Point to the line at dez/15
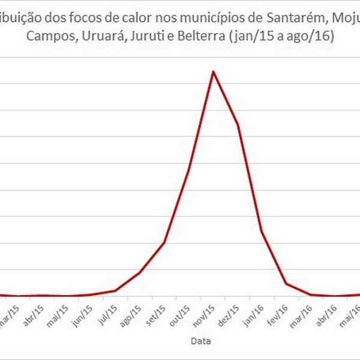click(x=238, y=124)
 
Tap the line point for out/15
click(x=188, y=170)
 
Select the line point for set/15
click(x=164, y=243)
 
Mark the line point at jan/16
click(x=262, y=231)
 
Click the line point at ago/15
click(x=140, y=272)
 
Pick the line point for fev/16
click(x=286, y=284)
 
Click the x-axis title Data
click(x=200, y=341)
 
